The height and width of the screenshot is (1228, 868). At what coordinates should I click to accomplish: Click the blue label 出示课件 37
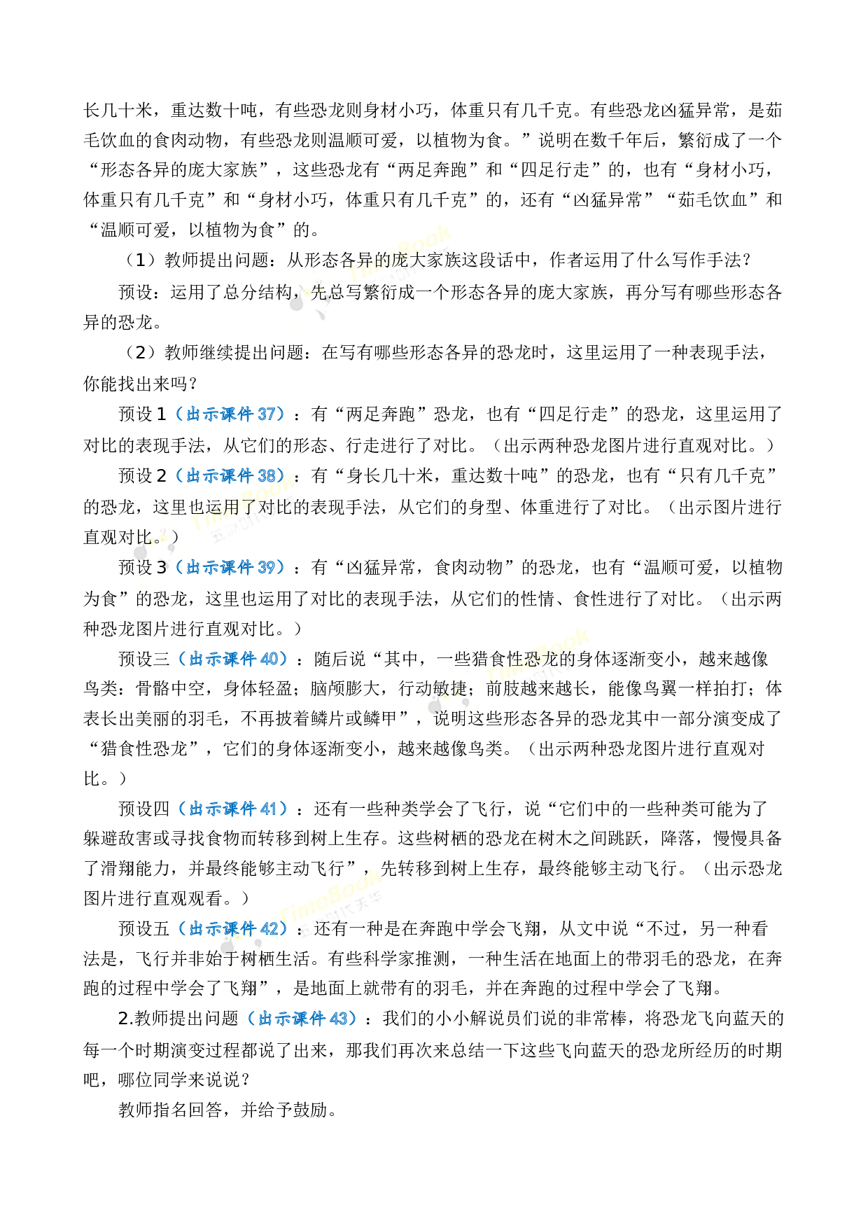(230, 414)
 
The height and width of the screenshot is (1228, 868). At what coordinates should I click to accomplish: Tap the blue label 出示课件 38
(230, 475)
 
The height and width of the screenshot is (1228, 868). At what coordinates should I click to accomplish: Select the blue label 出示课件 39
(230, 567)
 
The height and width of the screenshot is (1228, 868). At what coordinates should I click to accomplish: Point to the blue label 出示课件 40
(233, 659)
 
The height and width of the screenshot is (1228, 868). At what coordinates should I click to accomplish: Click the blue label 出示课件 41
(233, 809)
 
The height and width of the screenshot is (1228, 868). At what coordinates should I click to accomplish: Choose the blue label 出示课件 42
(233, 928)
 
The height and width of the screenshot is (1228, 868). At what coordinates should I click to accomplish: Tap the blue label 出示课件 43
(302, 1019)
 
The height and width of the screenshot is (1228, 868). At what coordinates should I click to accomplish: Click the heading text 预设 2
(143, 476)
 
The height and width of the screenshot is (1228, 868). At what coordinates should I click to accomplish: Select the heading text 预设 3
(143, 568)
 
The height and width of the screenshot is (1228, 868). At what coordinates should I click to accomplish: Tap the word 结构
(275, 292)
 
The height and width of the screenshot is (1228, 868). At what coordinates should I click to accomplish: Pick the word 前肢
(503, 689)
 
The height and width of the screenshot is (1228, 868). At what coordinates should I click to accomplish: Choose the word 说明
(450, 719)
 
